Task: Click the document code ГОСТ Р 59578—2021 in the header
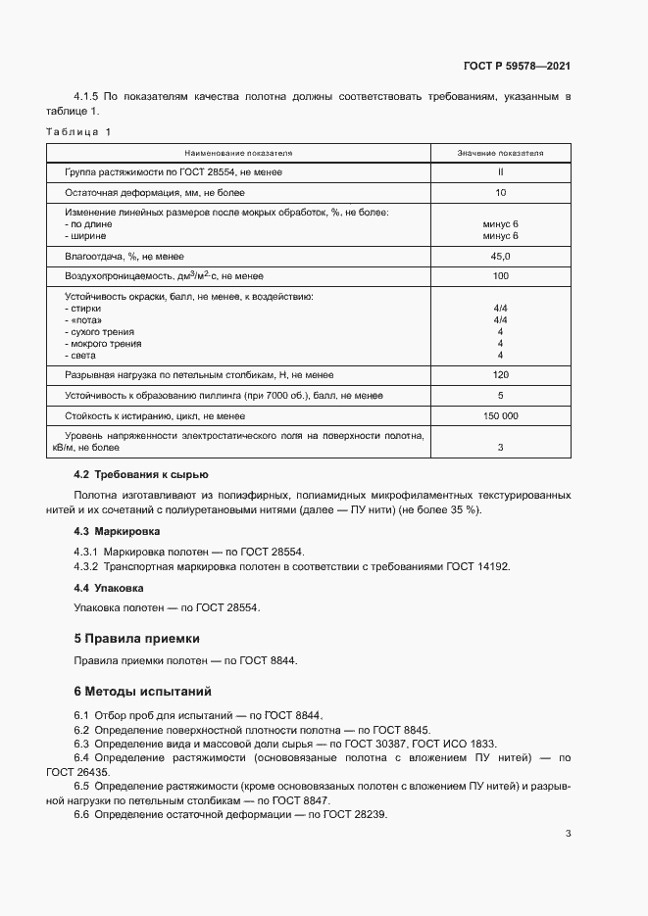517,67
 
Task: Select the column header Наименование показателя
239,154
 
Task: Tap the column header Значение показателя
500,154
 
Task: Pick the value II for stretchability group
500,172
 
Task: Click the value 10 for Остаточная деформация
500,193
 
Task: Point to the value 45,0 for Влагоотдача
500,257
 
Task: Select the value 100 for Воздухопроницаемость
500,276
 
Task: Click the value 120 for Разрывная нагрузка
500,375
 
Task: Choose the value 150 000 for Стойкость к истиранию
500,416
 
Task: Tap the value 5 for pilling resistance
500,396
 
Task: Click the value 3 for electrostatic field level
500,448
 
